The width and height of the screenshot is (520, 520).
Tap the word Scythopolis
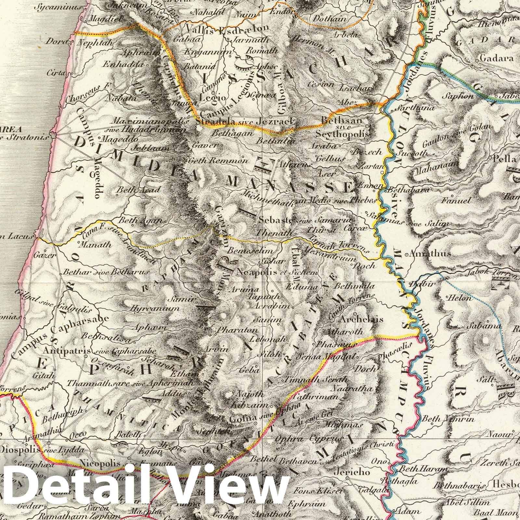(345, 134)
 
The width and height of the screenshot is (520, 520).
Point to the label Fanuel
(457, 200)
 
